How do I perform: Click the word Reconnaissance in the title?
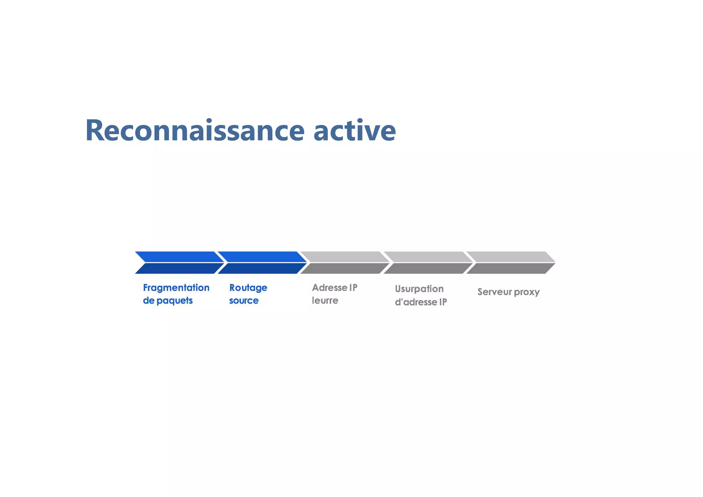point(195,130)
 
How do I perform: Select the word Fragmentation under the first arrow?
point(176,288)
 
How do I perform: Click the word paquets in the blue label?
point(174,301)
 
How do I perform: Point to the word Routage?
point(248,288)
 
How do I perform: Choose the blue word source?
point(244,301)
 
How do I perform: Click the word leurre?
point(325,301)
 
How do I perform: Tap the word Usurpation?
point(419,289)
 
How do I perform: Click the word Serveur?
point(494,292)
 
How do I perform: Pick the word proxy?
point(527,292)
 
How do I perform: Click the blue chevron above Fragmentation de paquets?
point(178,263)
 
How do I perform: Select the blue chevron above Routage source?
point(262,263)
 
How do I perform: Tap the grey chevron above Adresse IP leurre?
point(344,263)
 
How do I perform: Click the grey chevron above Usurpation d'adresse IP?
point(427,263)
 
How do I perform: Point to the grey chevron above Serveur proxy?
point(510,263)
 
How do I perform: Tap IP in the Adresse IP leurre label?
point(353,288)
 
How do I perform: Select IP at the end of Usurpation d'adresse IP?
point(443,302)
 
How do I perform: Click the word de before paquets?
point(149,301)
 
